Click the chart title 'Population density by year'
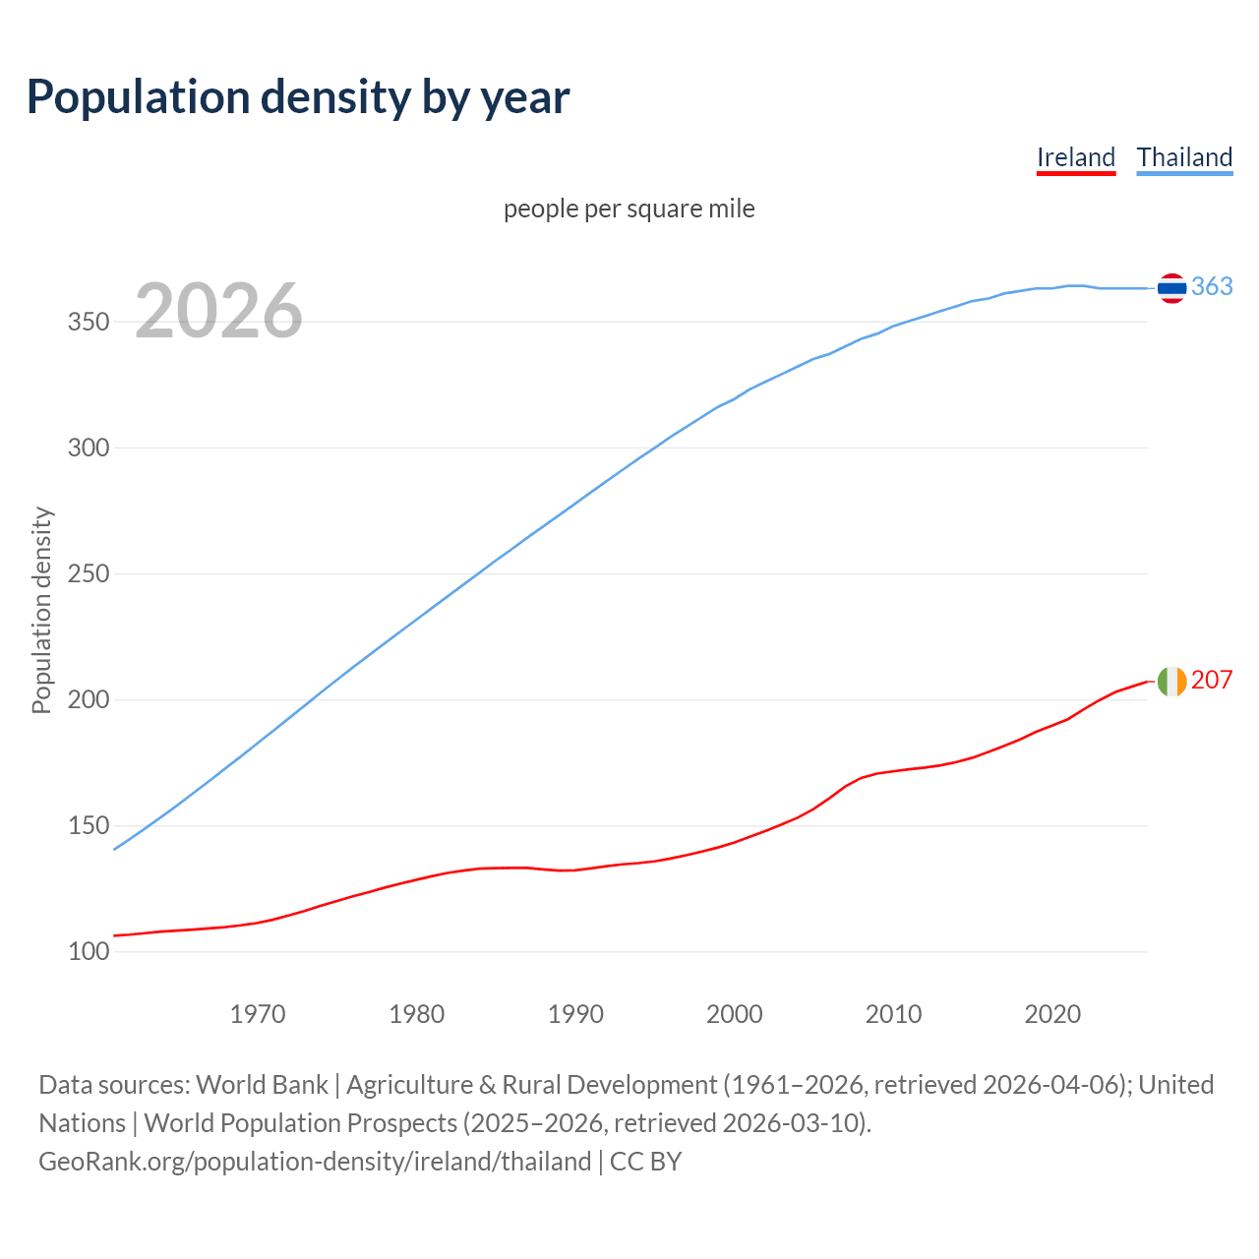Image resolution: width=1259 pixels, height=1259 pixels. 298,97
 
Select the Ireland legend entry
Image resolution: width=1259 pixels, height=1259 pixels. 1076,157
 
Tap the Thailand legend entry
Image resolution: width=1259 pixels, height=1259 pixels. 1184,157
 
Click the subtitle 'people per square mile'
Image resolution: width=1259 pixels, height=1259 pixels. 629,210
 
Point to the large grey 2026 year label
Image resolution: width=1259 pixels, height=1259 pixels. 218,311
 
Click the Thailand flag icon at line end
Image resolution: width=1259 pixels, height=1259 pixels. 1171,287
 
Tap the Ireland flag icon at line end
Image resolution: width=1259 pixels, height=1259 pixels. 1171,681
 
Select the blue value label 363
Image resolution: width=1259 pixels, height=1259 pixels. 1212,286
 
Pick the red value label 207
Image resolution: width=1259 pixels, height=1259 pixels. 1212,680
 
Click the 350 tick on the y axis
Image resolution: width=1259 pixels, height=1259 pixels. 89,323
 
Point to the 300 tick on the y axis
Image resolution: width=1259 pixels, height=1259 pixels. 89,449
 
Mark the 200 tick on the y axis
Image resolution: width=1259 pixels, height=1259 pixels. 89,700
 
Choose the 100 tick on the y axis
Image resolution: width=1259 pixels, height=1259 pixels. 89,952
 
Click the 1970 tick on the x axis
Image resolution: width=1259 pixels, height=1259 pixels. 258,1014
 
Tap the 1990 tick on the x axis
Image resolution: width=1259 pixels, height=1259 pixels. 575,1014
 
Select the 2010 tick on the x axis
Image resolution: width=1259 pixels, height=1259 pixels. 893,1014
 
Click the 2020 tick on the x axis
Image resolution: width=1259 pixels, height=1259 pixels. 1052,1014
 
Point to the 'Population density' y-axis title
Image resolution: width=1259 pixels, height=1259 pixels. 41,610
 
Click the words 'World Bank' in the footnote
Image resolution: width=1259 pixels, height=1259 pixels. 262,1085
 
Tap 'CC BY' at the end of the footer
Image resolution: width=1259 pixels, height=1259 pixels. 645,1162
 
